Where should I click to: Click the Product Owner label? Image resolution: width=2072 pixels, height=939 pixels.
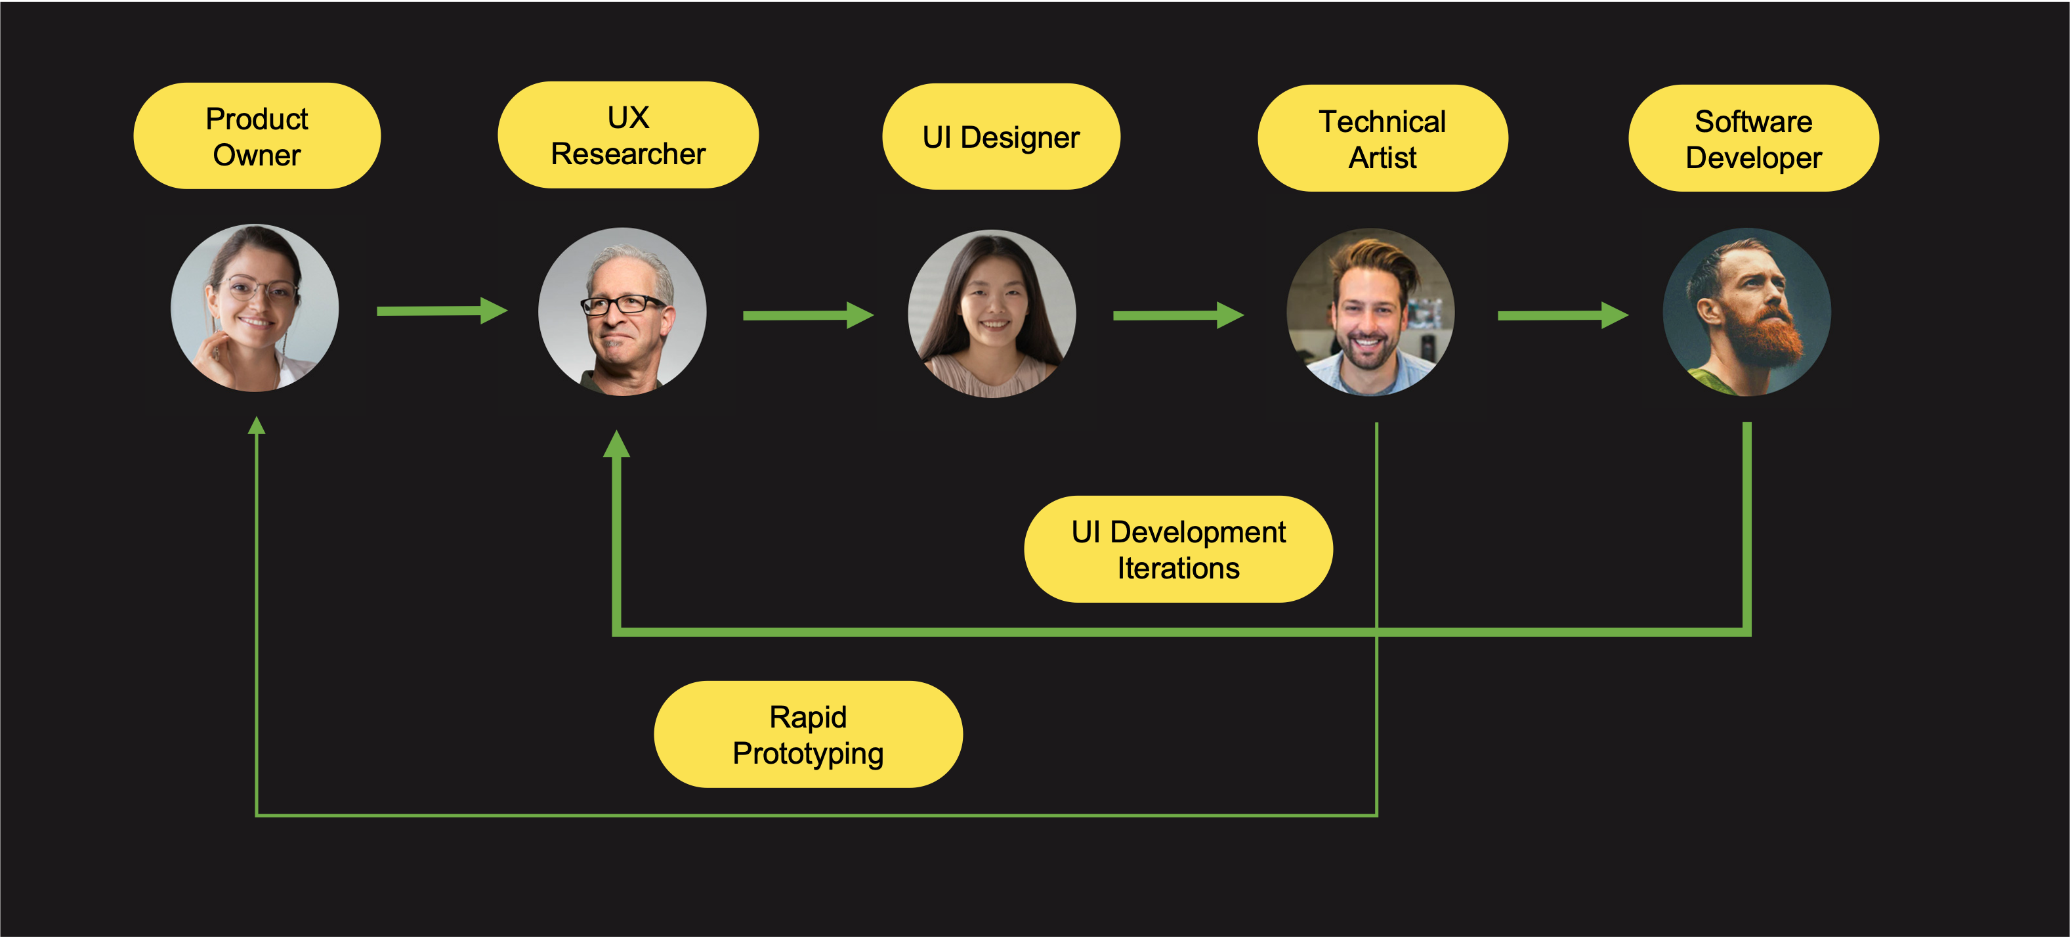click(257, 136)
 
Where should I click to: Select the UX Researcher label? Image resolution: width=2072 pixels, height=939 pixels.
click(627, 135)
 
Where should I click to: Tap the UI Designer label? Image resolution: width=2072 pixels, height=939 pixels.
click(1001, 137)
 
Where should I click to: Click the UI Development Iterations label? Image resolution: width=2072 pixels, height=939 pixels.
click(1177, 550)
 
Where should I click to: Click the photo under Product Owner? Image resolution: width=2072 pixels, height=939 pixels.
click(255, 308)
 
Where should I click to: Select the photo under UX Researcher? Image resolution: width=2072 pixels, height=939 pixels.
click(622, 311)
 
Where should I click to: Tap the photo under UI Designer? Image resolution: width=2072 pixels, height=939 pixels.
click(992, 314)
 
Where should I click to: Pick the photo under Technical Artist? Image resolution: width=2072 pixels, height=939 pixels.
click(1370, 312)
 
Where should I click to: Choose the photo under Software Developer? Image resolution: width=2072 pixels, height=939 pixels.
click(1746, 312)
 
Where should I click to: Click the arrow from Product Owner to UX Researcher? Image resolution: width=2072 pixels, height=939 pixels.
click(441, 311)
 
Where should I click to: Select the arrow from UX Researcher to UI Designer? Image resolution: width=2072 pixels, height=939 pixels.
click(807, 315)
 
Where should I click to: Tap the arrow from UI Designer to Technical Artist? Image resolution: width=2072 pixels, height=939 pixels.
click(1177, 315)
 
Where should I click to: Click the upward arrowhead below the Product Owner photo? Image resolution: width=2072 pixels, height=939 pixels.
click(257, 426)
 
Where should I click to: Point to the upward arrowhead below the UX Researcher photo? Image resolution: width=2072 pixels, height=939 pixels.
click(616, 444)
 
